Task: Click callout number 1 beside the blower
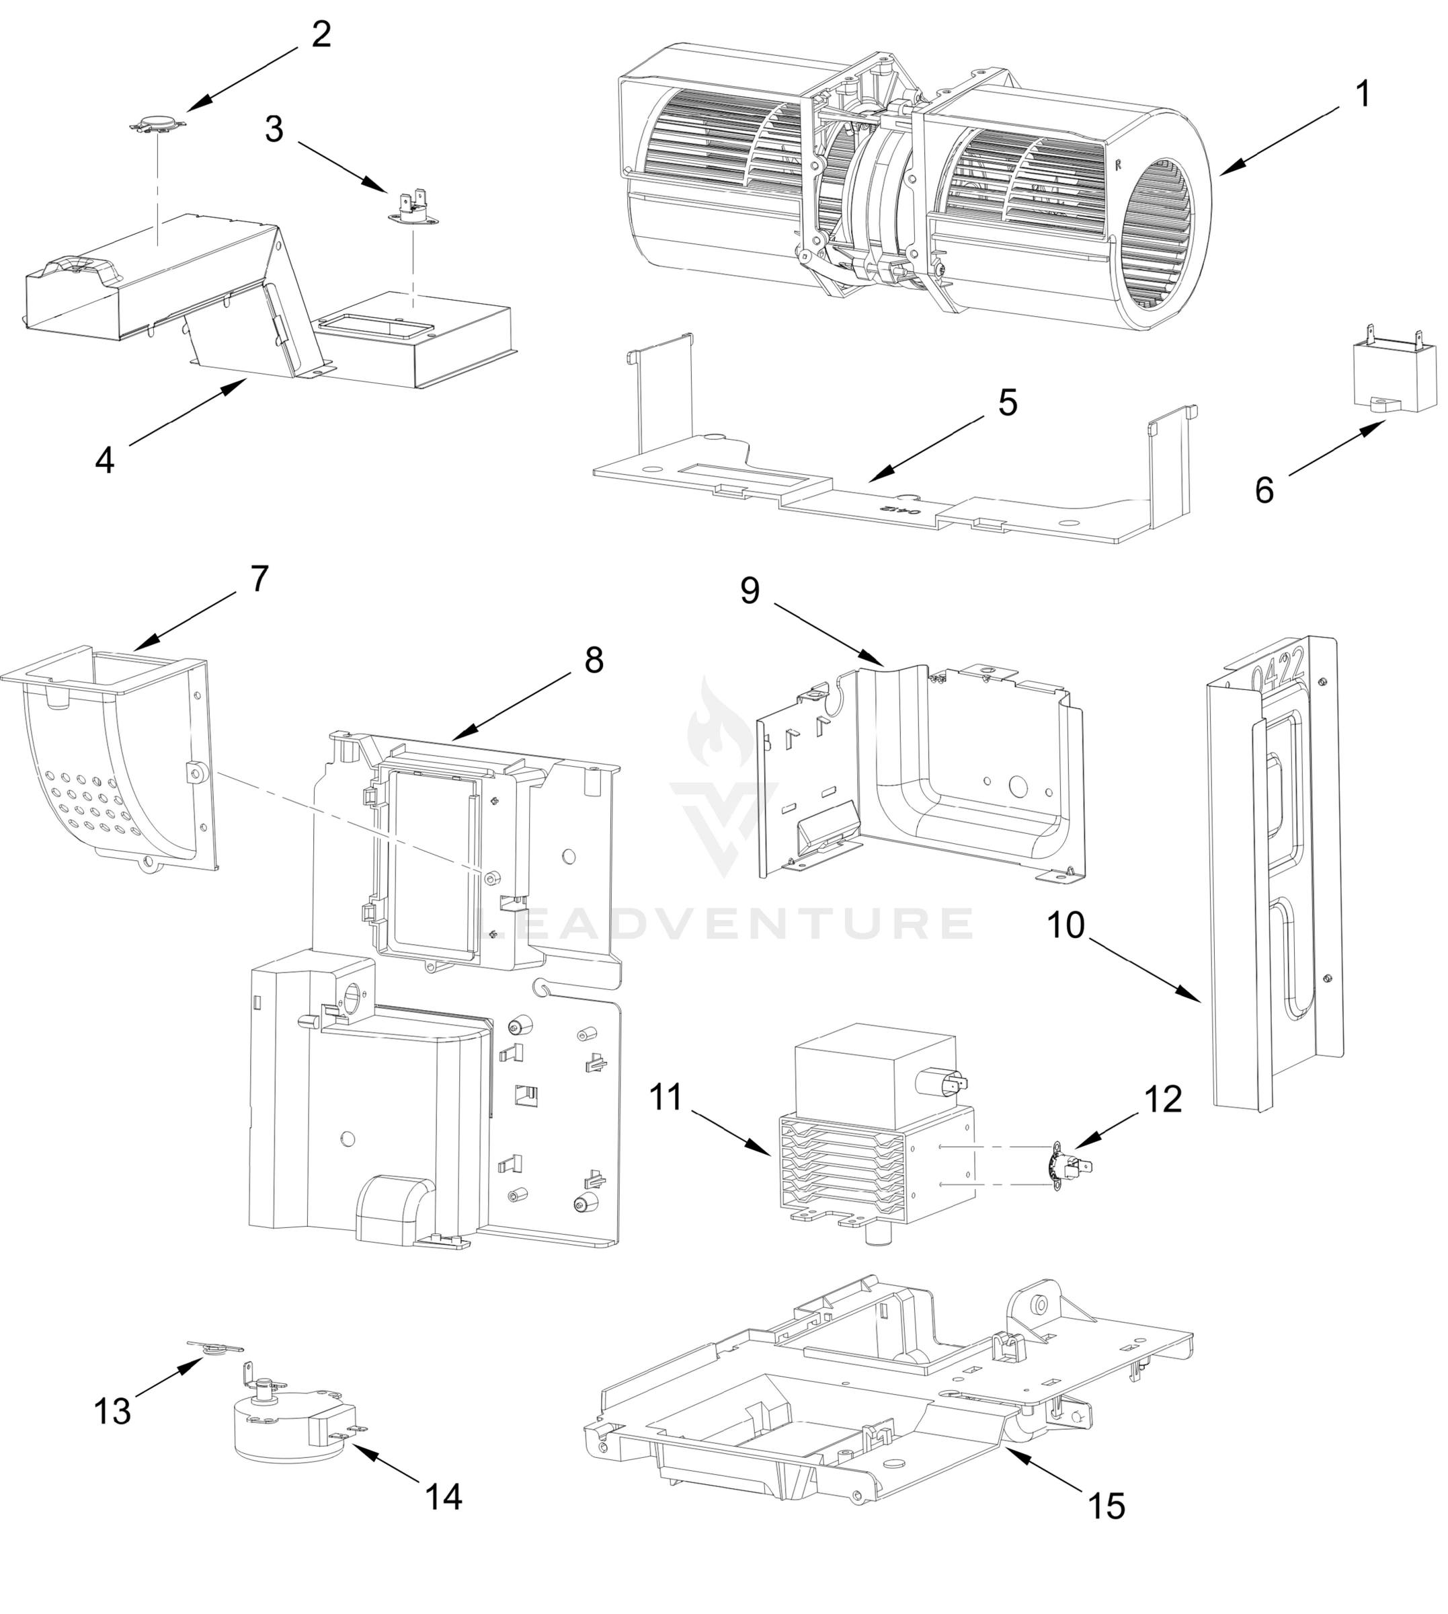coord(1363,95)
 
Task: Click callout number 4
coord(105,460)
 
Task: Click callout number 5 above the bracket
coord(1007,403)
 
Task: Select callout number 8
coord(594,660)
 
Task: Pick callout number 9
coord(750,590)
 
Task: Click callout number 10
coord(1065,925)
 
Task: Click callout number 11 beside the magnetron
coord(666,1098)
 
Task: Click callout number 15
coord(1106,1506)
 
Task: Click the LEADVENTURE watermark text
coord(724,924)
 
